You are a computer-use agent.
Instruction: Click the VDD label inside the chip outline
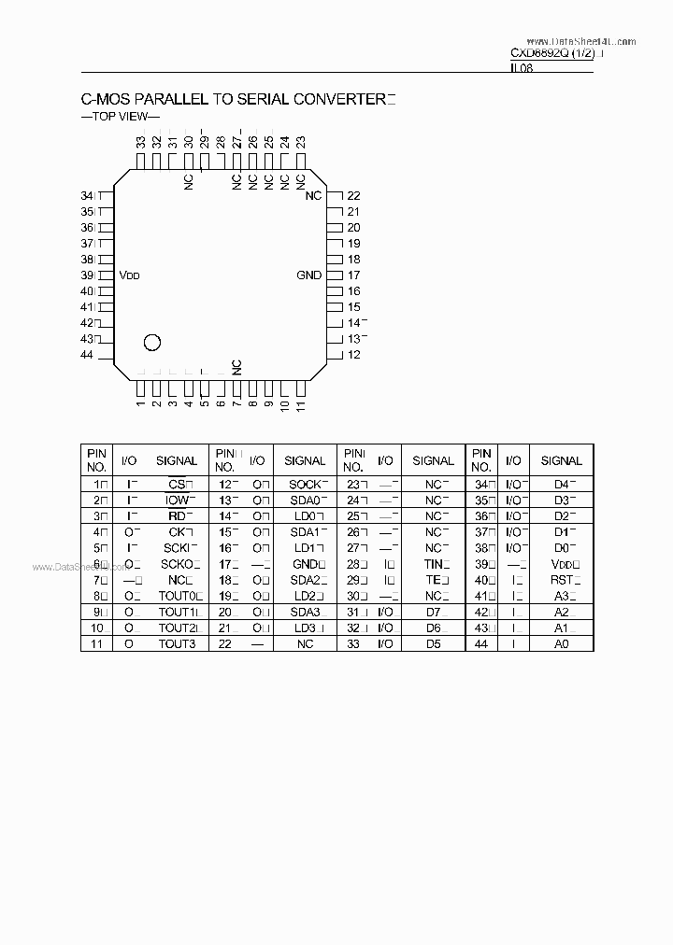point(129,275)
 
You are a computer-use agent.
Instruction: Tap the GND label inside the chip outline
point(308,275)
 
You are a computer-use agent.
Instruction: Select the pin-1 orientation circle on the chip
point(151,343)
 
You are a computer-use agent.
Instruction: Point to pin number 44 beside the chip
point(87,355)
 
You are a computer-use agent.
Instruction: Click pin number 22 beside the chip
point(353,196)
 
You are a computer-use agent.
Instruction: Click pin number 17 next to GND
point(353,275)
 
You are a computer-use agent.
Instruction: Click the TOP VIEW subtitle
point(121,117)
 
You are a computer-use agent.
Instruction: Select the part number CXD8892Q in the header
point(542,54)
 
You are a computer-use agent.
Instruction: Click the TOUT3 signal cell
point(177,644)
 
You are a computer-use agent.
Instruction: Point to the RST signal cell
point(561,580)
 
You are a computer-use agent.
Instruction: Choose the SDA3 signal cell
point(305,613)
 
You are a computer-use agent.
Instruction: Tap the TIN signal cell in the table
point(433,564)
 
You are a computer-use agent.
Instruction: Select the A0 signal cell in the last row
point(561,644)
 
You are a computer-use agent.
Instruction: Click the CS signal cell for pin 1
point(177,485)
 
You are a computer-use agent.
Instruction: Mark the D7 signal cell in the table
point(433,613)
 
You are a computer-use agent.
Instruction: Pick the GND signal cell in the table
point(305,564)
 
